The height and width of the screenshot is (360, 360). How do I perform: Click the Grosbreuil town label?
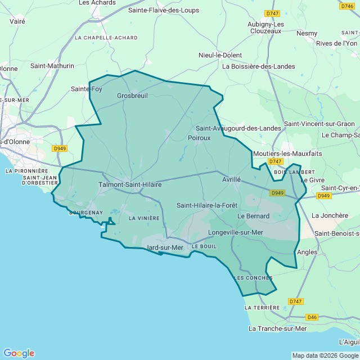coord(132,96)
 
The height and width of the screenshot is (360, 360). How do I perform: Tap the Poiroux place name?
coord(199,137)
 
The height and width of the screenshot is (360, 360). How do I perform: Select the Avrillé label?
coord(231,179)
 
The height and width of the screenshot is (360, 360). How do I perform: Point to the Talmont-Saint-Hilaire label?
coord(130,184)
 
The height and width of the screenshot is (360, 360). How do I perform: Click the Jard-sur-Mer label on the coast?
coord(165,247)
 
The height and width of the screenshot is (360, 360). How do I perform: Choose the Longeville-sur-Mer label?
coord(236,232)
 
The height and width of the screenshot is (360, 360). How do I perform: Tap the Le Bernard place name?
coord(253,216)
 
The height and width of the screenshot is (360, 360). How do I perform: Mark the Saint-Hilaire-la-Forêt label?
coord(207,205)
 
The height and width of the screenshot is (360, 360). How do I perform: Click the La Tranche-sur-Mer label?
coord(277,328)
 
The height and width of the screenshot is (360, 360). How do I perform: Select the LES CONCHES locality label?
coord(253,278)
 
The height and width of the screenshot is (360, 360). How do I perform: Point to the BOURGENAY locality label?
coord(85,213)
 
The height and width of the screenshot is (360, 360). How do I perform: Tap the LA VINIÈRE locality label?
coord(144,218)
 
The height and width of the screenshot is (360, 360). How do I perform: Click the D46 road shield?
coord(312,317)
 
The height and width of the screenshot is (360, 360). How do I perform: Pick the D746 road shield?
coord(347,6)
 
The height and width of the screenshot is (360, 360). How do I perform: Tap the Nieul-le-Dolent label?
coord(220,55)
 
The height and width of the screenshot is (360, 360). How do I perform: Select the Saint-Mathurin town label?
coord(52,66)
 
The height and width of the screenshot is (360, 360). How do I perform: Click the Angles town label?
coord(307,252)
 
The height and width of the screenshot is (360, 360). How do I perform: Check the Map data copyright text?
coord(325,355)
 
